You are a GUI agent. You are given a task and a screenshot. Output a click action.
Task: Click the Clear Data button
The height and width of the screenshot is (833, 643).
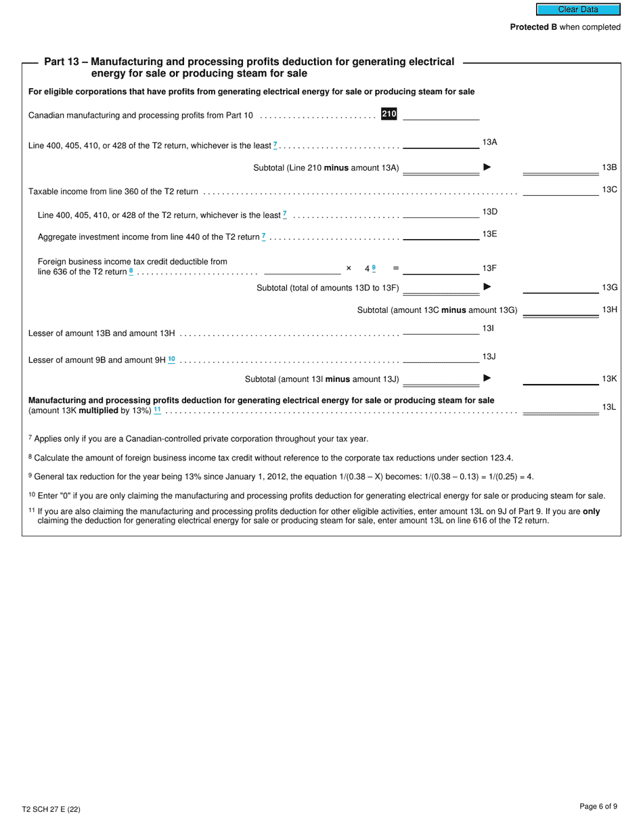coord(578,9)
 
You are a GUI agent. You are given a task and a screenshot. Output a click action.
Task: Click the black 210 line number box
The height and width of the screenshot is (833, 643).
coord(389,114)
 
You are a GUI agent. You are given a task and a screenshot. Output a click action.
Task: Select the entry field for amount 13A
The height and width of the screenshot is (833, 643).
coord(441,143)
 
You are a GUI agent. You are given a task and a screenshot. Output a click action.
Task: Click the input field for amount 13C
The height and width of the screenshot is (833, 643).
coord(560,190)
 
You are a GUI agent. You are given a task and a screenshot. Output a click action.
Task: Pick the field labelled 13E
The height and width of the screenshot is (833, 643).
coord(441,235)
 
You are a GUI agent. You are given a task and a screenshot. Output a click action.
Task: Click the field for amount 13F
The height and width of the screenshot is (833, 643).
coord(441,269)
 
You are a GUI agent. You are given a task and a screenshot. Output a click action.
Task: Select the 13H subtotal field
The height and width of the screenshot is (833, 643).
coord(560,310)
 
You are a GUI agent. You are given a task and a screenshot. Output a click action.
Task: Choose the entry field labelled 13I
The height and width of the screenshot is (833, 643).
coord(441,329)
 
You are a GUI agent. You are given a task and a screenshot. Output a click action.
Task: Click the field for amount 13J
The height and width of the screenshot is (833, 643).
coord(441,358)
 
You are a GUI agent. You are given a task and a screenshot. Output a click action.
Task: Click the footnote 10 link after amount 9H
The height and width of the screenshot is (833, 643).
coord(171,360)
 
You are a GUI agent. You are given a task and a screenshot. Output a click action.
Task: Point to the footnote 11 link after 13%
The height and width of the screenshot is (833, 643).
coord(157,410)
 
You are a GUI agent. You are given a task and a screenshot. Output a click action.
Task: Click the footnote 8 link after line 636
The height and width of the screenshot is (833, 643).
coord(131,271)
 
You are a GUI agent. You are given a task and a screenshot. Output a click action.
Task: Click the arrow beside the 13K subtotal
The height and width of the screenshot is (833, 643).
coord(487,379)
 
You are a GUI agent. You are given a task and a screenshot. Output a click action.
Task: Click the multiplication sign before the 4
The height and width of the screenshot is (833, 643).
coord(349,268)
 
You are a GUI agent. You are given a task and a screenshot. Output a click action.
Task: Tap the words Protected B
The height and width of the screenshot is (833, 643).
coord(533,27)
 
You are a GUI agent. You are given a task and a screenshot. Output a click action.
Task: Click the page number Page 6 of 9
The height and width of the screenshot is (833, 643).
coord(598,806)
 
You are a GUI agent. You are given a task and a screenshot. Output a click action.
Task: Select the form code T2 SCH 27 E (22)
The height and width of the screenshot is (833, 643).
coord(51,809)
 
